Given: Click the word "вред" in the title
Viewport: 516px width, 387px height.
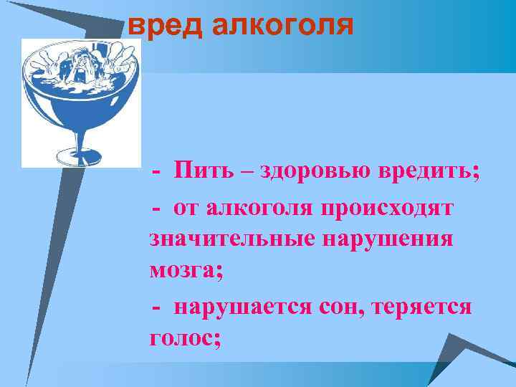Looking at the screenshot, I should tap(163, 26).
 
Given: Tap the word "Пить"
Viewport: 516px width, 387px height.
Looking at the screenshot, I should tap(204, 172).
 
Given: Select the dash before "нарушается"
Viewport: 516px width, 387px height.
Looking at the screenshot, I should tap(157, 308).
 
